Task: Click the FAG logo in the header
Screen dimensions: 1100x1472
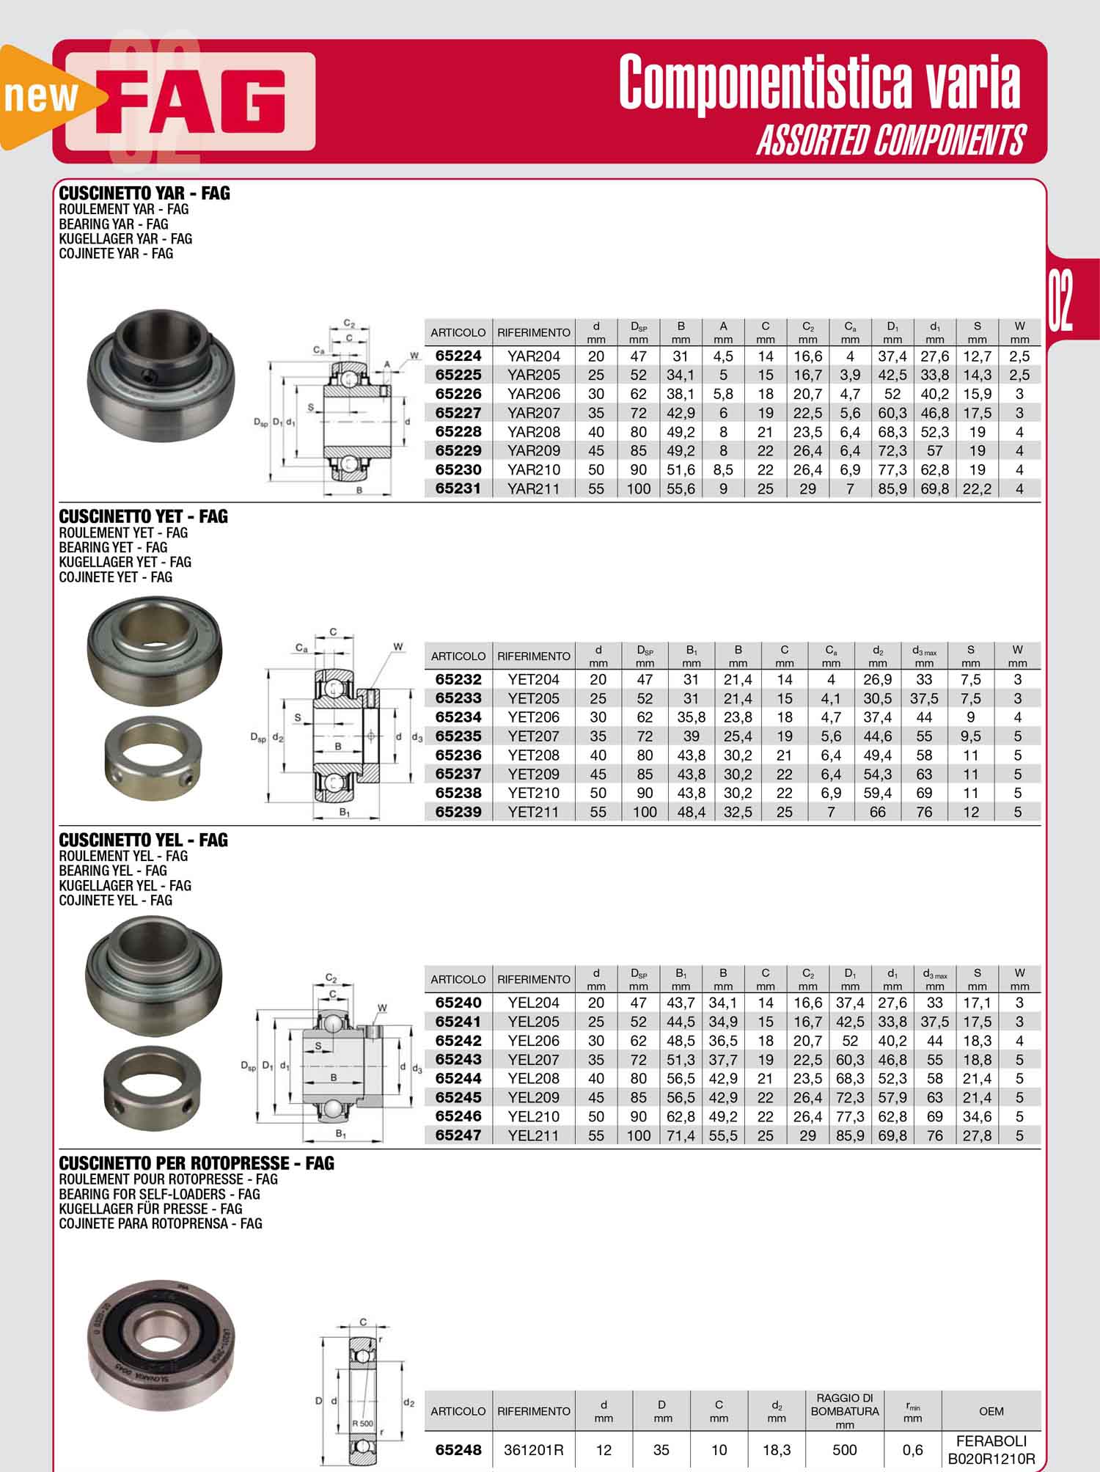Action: (x=191, y=101)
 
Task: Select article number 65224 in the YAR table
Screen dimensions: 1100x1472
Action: (x=458, y=356)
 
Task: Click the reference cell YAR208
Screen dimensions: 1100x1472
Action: (x=533, y=432)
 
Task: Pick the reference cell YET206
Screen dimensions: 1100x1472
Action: (x=533, y=717)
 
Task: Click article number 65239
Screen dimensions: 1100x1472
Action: (x=458, y=812)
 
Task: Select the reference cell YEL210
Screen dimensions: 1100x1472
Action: (x=533, y=1116)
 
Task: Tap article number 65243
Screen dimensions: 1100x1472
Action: (x=458, y=1059)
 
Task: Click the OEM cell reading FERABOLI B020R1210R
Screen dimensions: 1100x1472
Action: (x=991, y=1449)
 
